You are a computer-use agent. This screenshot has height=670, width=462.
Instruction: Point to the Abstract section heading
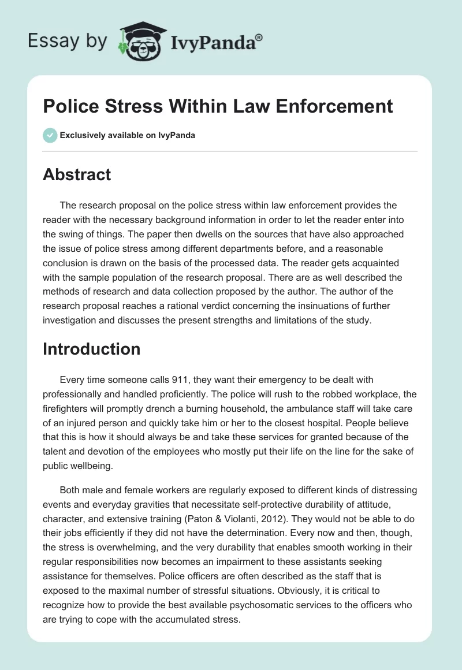tap(77, 175)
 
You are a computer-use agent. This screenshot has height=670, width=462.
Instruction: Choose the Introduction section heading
tap(91, 349)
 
